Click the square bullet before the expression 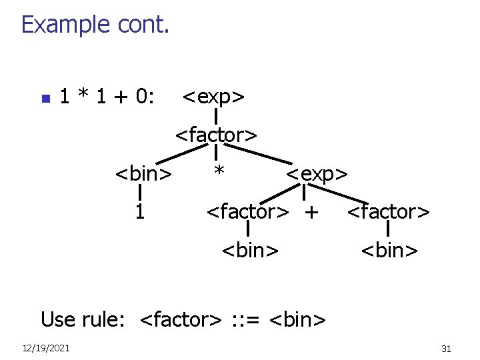[45, 99]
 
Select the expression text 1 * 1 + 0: [107, 97]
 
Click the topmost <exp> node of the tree [213, 97]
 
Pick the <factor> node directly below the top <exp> [216, 135]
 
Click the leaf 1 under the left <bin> [140, 212]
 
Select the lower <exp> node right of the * [317, 175]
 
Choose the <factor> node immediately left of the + [248, 213]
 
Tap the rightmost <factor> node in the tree [389, 213]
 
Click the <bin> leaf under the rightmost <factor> [389, 251]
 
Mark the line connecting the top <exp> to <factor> [217, 116]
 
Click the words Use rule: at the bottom [83, 319]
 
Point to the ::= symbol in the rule [245, 319]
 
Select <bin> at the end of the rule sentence [297, 319]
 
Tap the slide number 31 [446, 349]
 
